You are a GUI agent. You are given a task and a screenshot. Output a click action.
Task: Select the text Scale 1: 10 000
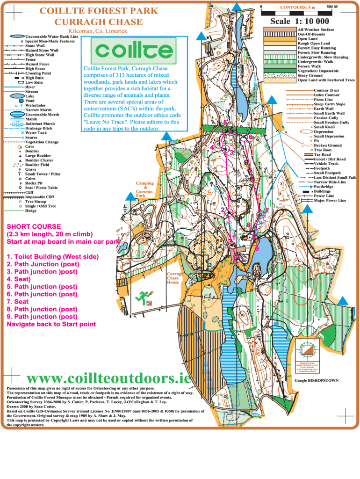pos(299,21)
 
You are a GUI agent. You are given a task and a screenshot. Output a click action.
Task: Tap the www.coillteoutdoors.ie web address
pos(109,378)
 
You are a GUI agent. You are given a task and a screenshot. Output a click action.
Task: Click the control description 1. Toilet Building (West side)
pos(52,257)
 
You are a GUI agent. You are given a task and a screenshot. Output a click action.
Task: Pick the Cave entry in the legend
pos(30,146)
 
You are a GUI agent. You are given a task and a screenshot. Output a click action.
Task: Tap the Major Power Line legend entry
pos(330,201)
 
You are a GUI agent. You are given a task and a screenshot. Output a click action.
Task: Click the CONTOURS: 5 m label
pos(297,7)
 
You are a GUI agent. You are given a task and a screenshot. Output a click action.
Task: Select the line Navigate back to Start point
pos(51,324)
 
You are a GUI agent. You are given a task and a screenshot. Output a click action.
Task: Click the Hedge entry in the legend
pos(31,210)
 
